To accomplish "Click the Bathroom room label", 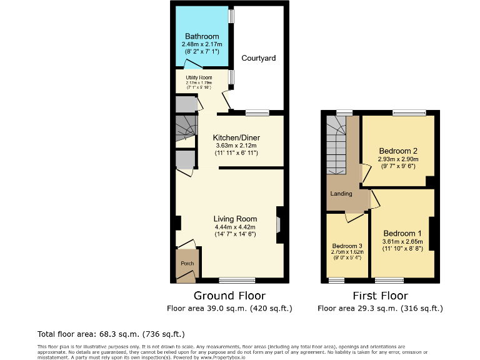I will point(201,37).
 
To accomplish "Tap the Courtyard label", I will point(259,58).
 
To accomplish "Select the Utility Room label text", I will point(199,77).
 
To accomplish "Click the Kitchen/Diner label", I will point(236,137).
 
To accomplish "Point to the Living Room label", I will point(236,219).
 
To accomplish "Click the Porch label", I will point(187,264).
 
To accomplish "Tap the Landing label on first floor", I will point(341,194).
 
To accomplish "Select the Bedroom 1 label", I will point(402,233).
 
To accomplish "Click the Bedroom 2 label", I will point(398,151).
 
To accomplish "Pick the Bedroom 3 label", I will point(347,246).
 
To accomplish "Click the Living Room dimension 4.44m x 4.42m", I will point(236,227).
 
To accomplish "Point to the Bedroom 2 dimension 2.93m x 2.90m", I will point(398,159).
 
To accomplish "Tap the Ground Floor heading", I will point(229,296).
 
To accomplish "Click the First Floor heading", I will point(380,296).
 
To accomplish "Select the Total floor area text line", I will point(111,334).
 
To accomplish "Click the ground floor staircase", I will point(186,128).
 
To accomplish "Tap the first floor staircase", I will point(336,147).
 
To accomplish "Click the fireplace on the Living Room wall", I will point(279,224).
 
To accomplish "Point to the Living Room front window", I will point(237,280).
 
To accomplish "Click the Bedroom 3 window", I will point(337,280).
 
